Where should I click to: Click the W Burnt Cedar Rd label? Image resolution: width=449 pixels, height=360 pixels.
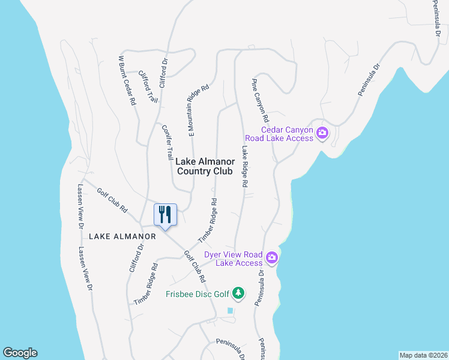127,81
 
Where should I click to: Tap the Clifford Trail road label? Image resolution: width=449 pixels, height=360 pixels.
148,86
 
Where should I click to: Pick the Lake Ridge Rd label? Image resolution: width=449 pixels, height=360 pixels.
246,167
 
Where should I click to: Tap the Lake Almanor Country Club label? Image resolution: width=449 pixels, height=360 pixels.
204,166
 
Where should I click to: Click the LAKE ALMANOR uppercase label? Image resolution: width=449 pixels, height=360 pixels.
122,236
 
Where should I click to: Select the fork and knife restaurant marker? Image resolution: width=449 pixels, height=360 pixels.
165,214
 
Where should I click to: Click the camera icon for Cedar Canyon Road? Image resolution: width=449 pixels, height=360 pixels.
322,133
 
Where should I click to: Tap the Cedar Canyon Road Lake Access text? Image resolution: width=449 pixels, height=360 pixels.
287,134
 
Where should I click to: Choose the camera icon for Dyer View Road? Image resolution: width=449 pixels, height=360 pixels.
272,257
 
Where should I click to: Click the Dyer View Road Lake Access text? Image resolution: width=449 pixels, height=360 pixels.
234,259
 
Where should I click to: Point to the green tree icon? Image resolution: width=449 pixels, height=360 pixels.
239,293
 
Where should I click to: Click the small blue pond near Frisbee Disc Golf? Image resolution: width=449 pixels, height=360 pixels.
230,310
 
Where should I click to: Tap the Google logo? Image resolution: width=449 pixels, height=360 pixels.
20,353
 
